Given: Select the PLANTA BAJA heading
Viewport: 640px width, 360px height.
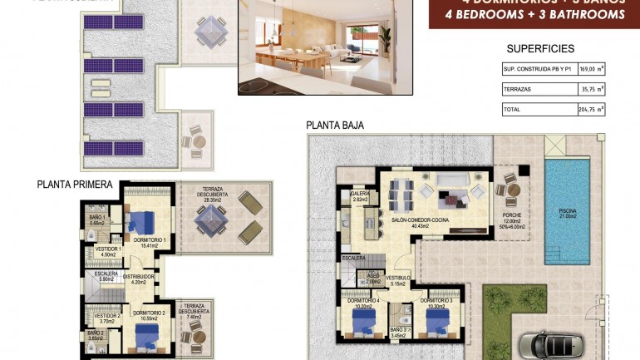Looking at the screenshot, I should pyautogui.click(x=335, y=126).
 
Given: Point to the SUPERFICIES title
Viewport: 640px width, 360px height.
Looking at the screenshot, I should pyautogui.click(x=540, y=49).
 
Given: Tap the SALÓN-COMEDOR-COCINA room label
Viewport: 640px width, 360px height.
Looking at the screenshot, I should pyautogui.click(x=420, y=220).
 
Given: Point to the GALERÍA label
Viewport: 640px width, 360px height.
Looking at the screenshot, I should pyautogui.click(x=360, y=193).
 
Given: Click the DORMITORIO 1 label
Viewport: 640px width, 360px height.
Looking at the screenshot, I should pyautogui.click(x=150, y=240).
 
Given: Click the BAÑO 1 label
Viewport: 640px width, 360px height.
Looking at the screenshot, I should pyautogui.click(x=96, y=219).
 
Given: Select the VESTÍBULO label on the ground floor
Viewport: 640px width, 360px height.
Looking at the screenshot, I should pyautogui.click(x=397, y=279).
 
